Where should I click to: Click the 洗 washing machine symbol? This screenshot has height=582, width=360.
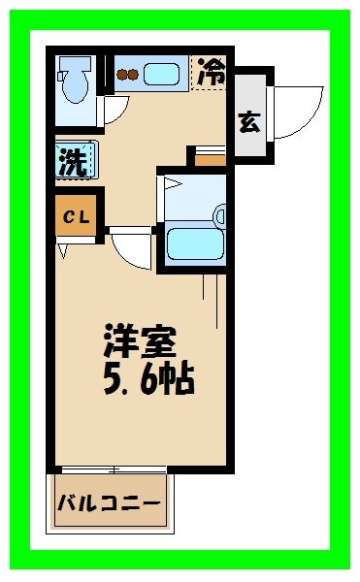tap(73, 160)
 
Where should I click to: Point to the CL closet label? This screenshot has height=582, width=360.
tap(76, 218)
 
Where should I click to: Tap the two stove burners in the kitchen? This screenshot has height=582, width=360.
tap(128, 71)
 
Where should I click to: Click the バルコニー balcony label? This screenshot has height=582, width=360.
tap(110, 503)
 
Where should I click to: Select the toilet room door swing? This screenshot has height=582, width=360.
tap(114, 110)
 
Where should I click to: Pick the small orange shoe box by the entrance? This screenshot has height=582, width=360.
tap(211, 158)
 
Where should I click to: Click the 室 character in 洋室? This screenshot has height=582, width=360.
tap(158, 341)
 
